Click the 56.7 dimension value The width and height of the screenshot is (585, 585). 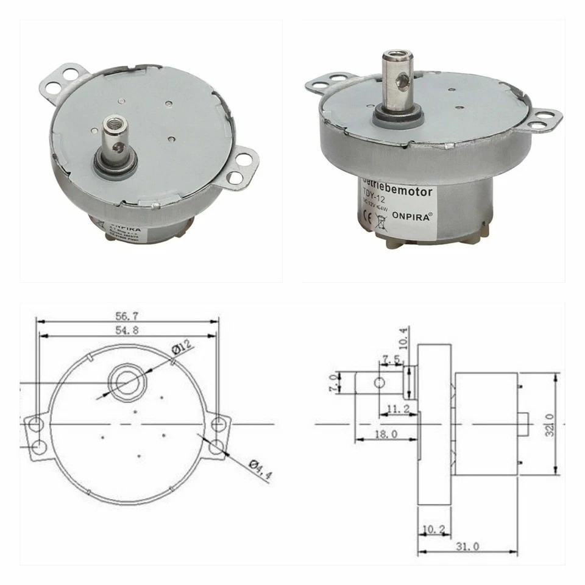point(127,316)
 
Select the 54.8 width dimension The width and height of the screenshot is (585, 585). point(127,330)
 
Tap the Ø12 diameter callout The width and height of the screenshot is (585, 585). point(182,349)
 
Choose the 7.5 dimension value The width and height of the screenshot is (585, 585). point(392,359)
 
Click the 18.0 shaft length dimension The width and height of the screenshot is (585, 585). point(386,434)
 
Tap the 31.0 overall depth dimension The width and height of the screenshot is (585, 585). point(466,547)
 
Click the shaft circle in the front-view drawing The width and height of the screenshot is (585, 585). point(126,383)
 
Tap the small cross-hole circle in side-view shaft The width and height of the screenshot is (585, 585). point(379,383)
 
